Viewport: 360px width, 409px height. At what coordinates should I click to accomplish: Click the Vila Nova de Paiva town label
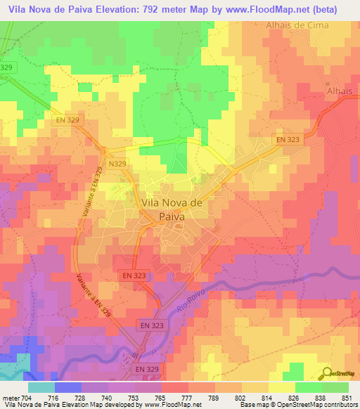163,209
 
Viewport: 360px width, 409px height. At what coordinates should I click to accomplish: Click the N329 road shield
117,163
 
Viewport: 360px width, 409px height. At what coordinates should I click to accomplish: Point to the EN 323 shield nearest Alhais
287,141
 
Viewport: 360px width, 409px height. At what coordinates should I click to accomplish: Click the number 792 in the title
156,9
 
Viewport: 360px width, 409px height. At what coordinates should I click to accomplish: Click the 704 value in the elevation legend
27,398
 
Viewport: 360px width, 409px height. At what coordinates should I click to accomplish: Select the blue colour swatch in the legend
67,387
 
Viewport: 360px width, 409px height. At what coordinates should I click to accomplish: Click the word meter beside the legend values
11,398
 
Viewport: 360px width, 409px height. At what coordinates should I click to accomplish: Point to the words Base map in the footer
252,405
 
